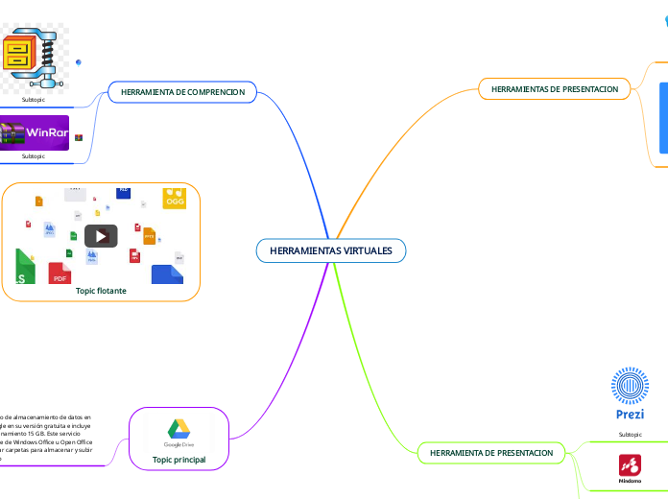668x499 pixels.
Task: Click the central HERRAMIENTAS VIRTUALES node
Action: pos(331,250)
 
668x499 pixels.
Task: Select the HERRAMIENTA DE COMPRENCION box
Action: pos(182,92)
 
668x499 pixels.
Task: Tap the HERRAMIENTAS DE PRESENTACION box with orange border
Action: pos(555,88)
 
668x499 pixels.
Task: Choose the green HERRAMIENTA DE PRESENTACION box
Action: pos(491,452)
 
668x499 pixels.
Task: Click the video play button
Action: pos(101,235)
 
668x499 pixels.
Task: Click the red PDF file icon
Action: pos(60,274)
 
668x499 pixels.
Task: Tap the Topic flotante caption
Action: pos(101,290)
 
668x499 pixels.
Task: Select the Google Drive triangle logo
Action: pos(179,429)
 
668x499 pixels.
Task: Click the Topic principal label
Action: pos(179,461)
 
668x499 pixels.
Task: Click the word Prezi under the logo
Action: pos(630,415)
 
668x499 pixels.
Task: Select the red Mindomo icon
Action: pos(630,467)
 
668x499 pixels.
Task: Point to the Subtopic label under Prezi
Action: pos(630,434)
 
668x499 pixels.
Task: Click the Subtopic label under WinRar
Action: pos(34,155)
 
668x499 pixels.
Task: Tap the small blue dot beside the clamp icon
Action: pos(78,61)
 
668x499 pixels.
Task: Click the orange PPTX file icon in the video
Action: pos(149,235)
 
